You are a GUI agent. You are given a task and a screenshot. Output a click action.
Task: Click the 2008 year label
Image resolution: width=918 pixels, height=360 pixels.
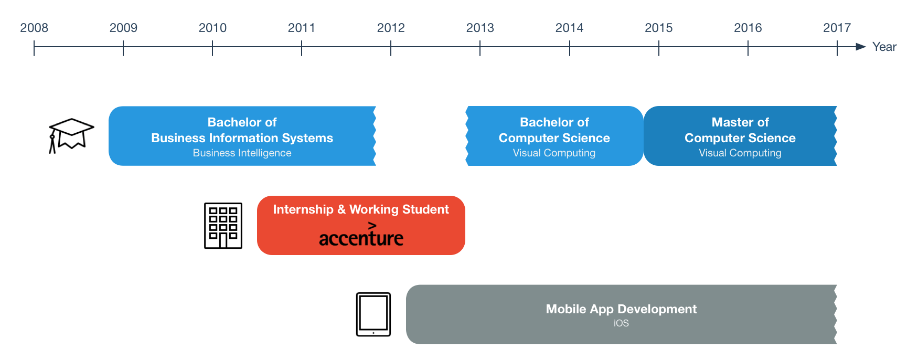pos(34,28)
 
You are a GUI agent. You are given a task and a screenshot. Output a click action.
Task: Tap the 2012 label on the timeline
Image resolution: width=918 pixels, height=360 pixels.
pos(391,28)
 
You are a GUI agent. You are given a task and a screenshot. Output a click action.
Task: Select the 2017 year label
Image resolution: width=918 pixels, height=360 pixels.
pos(837,28)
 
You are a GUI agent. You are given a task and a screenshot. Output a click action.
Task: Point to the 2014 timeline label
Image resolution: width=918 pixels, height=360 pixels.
pos(569,28)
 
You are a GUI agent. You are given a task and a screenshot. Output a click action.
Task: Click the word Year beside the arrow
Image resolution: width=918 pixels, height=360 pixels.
pos(884,47)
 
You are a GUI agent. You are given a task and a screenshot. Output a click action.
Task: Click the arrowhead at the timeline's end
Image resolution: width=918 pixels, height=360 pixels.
pos(860,47)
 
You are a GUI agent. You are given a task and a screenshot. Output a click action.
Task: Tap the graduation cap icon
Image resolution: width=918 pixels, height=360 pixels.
pos(71,135)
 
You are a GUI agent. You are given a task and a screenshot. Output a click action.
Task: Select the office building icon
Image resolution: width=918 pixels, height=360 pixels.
pos(223,226)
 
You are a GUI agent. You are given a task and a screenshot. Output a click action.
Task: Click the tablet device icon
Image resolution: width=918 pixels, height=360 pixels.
pos(373,314)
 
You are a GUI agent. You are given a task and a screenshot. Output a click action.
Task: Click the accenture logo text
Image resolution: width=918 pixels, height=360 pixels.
pos(361,235)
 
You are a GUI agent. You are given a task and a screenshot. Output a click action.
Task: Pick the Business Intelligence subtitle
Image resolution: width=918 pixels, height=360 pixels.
pos(242,153)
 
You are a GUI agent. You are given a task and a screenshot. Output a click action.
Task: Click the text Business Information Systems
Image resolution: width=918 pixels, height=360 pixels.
pos(242,138)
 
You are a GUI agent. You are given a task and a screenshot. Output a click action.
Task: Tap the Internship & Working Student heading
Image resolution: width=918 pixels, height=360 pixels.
pos(361,209)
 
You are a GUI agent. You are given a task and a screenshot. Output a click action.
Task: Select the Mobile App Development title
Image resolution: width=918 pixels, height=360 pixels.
pos(621,309)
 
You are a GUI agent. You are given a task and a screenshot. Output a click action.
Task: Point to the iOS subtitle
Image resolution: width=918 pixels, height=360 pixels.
pos(621,323)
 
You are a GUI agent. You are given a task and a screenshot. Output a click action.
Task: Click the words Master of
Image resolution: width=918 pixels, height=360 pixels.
pos(740,122)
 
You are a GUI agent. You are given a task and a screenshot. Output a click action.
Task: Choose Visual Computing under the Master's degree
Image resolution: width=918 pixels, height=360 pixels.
pos(740,153)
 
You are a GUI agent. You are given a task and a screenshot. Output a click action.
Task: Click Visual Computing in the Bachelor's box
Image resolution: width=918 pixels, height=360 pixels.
pos(554,153)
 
